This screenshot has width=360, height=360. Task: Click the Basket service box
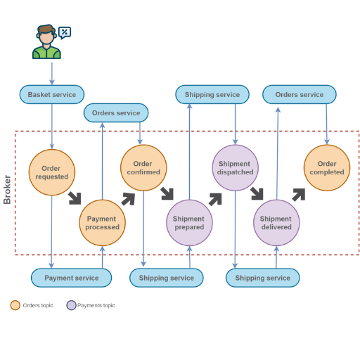point(52,94)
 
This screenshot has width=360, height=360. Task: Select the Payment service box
point(71,278)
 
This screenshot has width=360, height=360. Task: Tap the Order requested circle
point(52,172)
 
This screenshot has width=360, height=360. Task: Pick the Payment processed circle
point(102,223)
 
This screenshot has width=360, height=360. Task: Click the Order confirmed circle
point(143,168)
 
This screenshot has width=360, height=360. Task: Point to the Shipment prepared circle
point(189,223)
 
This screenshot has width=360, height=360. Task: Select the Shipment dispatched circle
point(235,168)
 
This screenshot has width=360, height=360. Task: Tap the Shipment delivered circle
point(276,223)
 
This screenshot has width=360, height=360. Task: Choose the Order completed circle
point(327,168)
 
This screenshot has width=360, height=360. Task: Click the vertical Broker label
point(7,189)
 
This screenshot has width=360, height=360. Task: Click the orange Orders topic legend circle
point(15,305)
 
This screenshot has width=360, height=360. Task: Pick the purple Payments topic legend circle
point(71,305)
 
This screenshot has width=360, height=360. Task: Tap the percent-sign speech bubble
point(65,32)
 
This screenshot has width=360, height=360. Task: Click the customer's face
point(46,37)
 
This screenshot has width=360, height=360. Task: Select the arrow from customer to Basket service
point(52,73)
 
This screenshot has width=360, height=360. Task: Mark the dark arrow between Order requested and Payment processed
point(75,198)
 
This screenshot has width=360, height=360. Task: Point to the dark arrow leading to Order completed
point(299,195)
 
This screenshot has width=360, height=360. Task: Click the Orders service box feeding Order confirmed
point(116,112)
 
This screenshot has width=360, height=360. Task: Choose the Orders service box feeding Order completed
point(300,94)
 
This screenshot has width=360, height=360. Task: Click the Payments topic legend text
point(96,305)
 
